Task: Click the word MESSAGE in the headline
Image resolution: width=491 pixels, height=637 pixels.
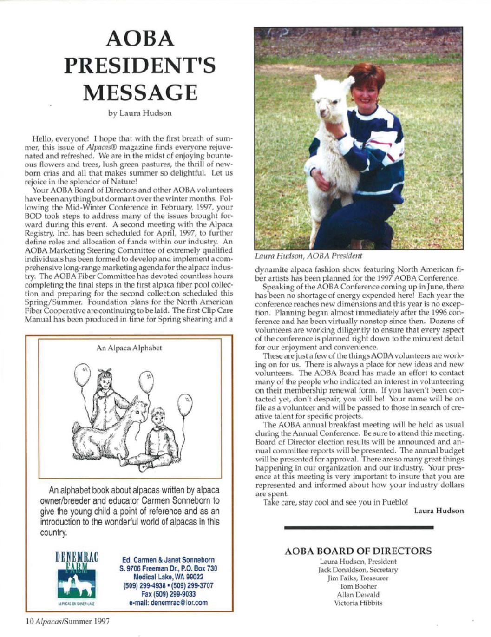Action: click(x=139, y=92)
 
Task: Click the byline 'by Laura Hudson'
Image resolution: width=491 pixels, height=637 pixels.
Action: click(x=139, y=113)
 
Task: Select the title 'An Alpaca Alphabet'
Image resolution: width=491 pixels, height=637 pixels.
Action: click(x=129, y=348)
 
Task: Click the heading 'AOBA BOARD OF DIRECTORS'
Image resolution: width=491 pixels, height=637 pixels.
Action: click(x=358, y=551)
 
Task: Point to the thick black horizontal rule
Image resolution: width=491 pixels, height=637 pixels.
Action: click(x=358, y=528)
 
